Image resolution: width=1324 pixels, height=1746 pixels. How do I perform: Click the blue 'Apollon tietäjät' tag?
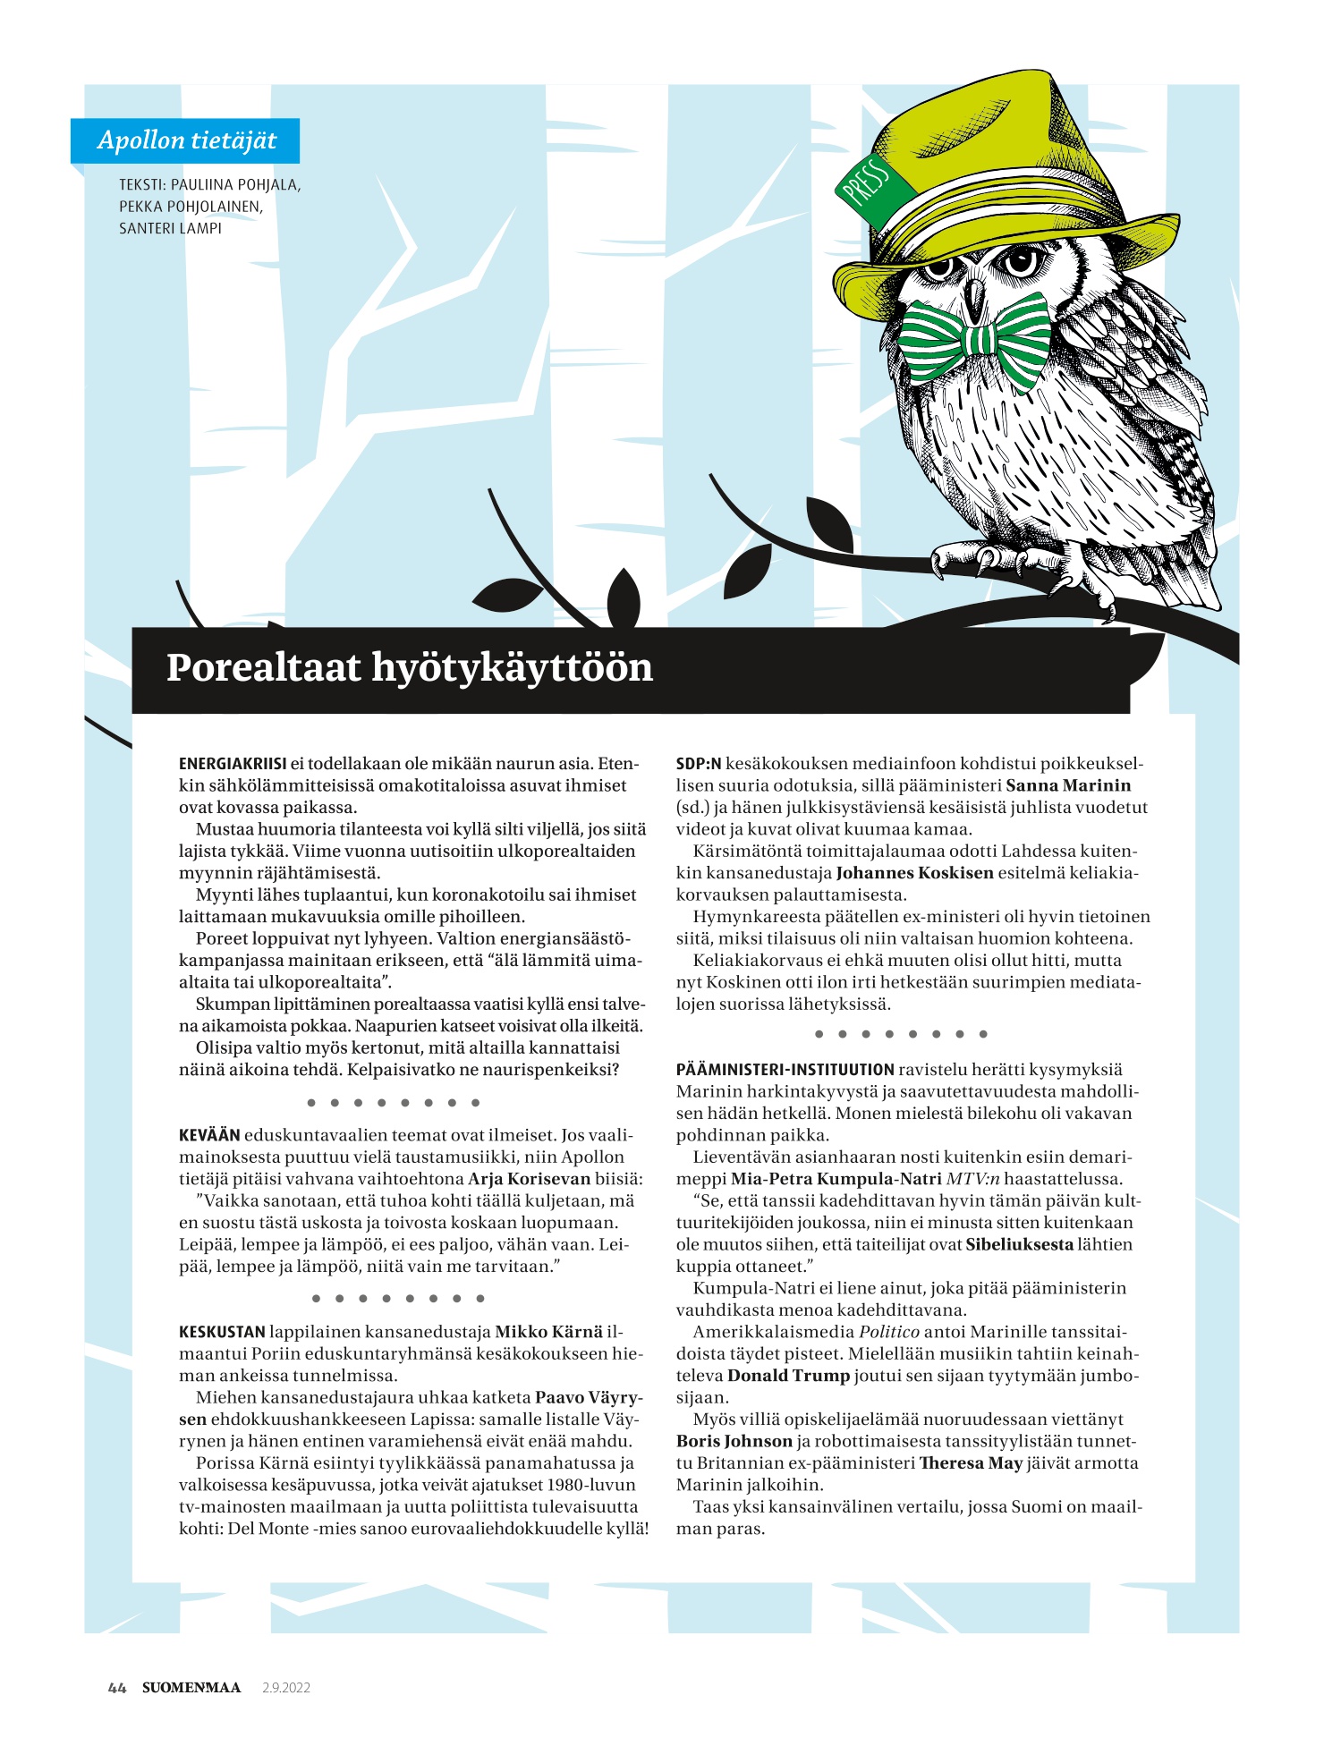point(185,140)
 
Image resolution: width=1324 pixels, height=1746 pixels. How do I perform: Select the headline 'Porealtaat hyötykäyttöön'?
point(410,668)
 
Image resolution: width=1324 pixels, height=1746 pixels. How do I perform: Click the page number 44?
point(116,1688)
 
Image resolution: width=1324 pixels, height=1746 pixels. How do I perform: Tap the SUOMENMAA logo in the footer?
point(191,1688)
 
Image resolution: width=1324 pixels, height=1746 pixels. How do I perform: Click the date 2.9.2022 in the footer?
point(286,1688)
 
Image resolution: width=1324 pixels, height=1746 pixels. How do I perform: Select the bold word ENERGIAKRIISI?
point(233,764)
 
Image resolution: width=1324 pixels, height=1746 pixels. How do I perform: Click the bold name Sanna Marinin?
point(1068,785)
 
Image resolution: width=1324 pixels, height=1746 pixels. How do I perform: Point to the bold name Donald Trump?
point(788,1376)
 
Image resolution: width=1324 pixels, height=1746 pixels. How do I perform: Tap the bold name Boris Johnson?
point(734,1441)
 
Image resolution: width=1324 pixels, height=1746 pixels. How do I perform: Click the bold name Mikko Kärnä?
point(549,1332)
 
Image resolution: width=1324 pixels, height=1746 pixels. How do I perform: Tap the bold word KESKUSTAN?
point(222,1332)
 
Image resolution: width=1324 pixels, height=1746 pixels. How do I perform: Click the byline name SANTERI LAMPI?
point(171,228)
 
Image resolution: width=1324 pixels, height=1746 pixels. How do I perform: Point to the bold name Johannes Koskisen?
point(914,873)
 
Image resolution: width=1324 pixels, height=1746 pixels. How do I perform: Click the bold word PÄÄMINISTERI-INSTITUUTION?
point(785,1070)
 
